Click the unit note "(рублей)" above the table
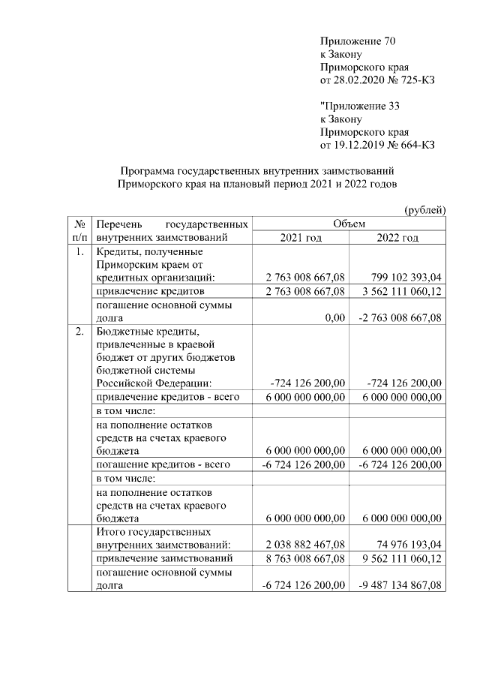tap(425, 209)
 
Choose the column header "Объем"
tap(348, 224)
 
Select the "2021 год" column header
tap(300, 238)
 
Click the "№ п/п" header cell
tap(79, 230)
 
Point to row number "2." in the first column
tap(79, 332)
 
